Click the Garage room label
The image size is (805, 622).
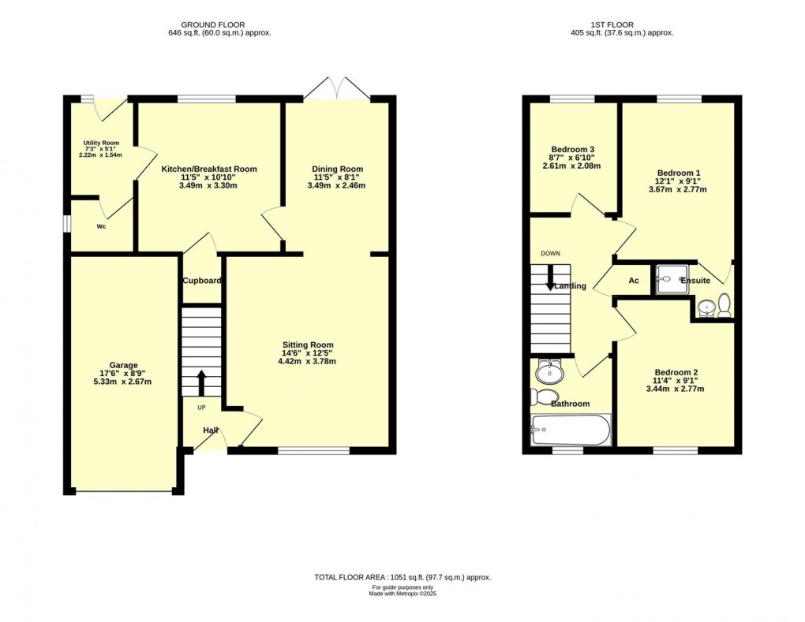click(x=123, y=365)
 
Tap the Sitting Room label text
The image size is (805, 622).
click(x=307, y=345)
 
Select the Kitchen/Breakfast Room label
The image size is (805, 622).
click(x=209, y=169)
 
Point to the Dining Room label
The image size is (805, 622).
click(x=337, y=169)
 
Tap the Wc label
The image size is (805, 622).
click(x=101, y=226)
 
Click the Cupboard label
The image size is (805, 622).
click(x=202, y=281)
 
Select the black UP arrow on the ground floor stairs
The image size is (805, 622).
click(x=201, y=382)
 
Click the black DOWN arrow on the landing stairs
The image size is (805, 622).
click(x=550, y=281)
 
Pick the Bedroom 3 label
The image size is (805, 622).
click(x=572, y=150)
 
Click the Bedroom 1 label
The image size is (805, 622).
click(x=678, y=173)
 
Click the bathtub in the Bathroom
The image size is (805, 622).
click(x=571, y=430)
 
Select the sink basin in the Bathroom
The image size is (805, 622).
click(x=548, y=371)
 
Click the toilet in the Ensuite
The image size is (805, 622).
click(x=724, y=304)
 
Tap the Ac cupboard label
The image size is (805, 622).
click(x=633, y=281)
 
